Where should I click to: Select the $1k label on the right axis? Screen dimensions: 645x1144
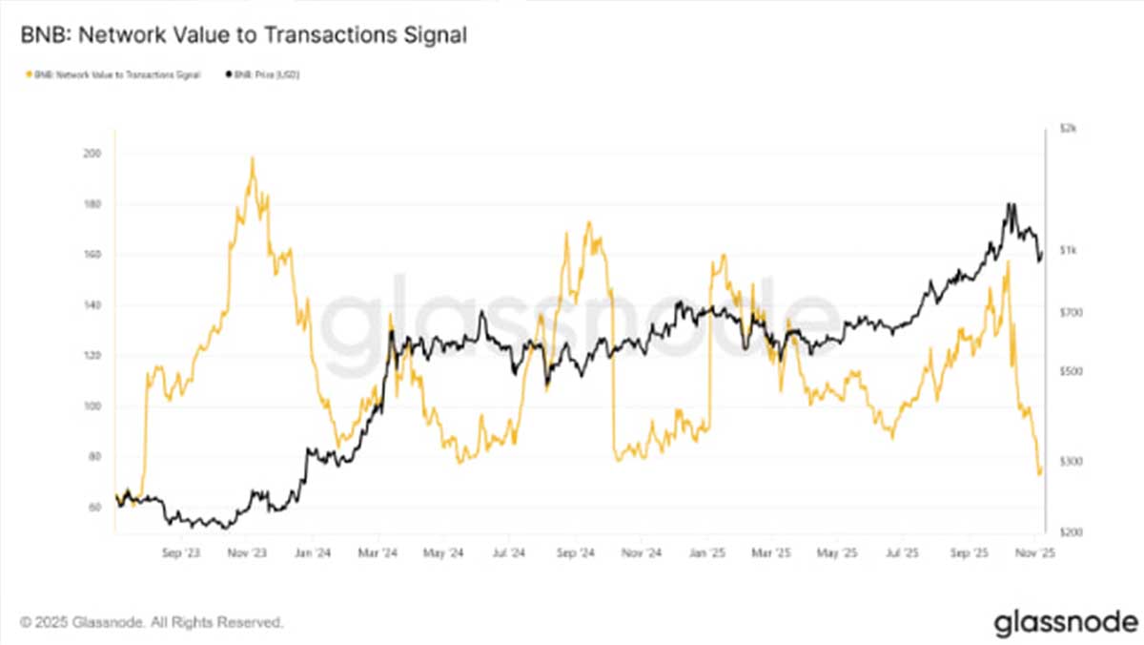tap(1067, 251)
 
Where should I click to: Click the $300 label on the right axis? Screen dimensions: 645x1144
tap(1070, 462)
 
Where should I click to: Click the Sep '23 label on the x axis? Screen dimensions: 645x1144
tap(180, 552)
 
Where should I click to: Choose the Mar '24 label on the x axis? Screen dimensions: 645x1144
tap(378, 552)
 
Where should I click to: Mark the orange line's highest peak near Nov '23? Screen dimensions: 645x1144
tap(252, 158)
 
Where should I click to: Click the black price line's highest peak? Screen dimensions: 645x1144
tap(1009, 204)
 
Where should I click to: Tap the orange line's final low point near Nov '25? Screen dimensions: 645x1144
tap(1039, 472)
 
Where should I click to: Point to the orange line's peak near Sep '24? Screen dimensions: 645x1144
tap(588, 223)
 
